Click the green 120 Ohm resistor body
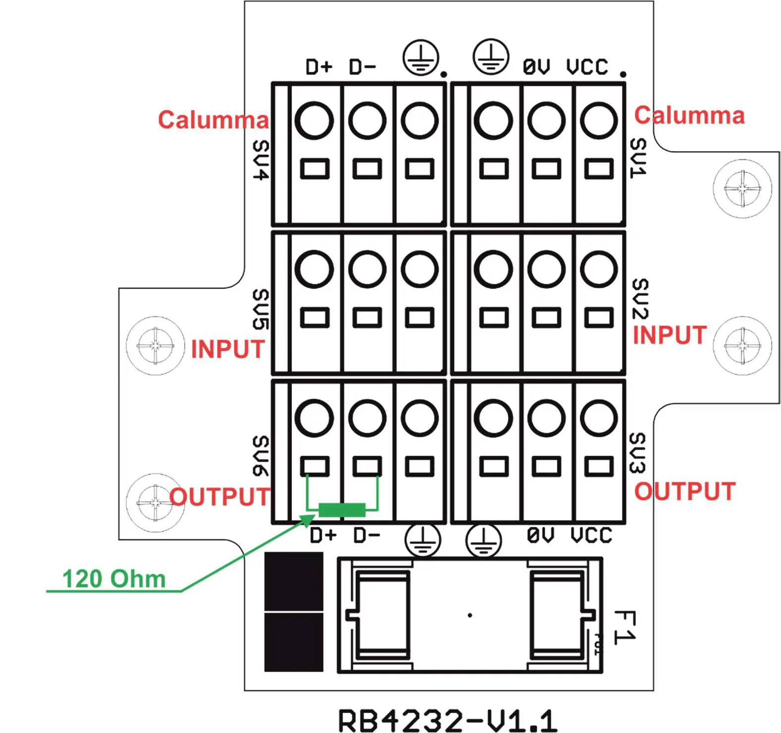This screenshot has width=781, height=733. [x=341, y=510]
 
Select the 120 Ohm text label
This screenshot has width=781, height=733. [x=114, y=578]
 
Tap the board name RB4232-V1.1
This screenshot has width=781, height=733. [x=447, y=720]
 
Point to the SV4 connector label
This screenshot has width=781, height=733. [x=261, y=160]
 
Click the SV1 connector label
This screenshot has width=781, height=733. [x=638, y=158]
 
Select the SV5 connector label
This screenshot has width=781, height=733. [x=261, y=309]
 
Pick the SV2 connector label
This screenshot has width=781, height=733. [x=640, y=298]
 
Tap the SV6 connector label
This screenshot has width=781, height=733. [x=261, y=456]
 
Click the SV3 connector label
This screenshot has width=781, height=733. [x=637, y=453]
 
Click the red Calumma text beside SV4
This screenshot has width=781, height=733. [x=213, y=120]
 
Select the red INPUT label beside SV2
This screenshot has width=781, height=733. [x=669, y=335]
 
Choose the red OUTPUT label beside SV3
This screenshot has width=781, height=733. [x=685, y=492]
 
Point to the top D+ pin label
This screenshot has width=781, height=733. [x=319, y=67]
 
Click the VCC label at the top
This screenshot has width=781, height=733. [x=587, y=67]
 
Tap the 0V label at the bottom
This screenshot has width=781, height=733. [x=541, y=535]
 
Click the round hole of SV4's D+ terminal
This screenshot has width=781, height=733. [x=314, y=120]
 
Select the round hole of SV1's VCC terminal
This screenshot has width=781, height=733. [x=599, y=120]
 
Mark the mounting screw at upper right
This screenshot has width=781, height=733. [x=742, y=188]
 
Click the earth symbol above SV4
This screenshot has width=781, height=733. [x=421, y=57]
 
